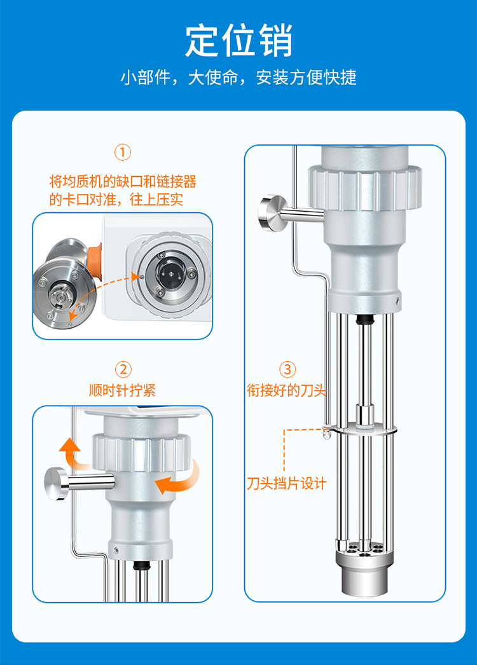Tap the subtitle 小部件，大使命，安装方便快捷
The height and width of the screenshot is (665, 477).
click(238, 78)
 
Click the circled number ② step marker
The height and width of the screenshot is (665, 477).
click(123, 369)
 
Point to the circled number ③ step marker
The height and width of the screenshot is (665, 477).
click(287, 369)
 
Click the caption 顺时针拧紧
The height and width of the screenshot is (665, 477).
click(123, 390)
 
